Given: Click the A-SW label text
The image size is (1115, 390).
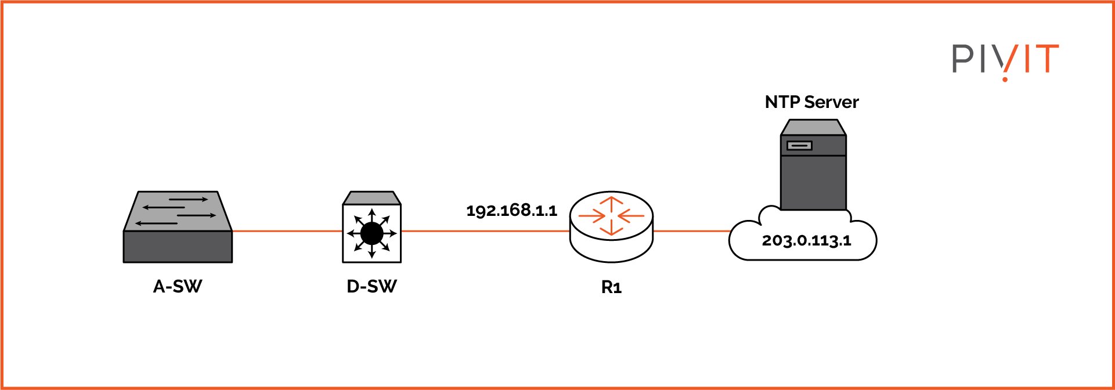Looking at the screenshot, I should pyautogui.click(x=178, y=287).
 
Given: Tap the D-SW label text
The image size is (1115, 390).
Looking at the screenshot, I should pyautogui.click(x=371, y=287).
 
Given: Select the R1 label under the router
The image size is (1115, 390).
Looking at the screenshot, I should pyautogui.click(x=611, y=288).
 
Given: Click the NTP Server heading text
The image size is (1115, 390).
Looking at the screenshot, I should pyautogui.click(x=811, y=102).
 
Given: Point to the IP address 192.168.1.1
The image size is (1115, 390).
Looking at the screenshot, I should pyautogui.click(x=511, y=210).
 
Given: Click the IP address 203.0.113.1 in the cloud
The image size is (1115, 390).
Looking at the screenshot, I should pyautogui.click(x=806, y=240).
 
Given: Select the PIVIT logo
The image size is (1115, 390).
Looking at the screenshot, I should pyautogui.click(x=1005, y=60).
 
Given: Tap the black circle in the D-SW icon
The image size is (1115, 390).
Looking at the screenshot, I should pyautogui.click(x=371, y=233).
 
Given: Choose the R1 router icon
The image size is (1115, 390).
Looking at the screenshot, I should pyautogui.click(x=611, y=229).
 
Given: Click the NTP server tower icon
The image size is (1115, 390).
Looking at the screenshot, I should pyautogui.click(x=813, y=165).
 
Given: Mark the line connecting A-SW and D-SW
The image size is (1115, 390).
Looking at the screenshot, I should pyautogui.click(x=287, y=231).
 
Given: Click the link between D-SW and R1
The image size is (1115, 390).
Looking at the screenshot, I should pyautogui.click(x=485, y=231).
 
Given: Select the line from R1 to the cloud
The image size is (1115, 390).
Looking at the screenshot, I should pyautogui.click(x=691, y=231).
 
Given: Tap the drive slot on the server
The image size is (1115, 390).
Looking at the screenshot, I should pyautogui.click(x=799, y=145).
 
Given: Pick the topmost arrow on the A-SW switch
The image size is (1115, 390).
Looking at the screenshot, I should pyautogui.click(x=188, y=200).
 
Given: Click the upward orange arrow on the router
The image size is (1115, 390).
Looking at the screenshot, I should pyautogui.click(x=611, y=203).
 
